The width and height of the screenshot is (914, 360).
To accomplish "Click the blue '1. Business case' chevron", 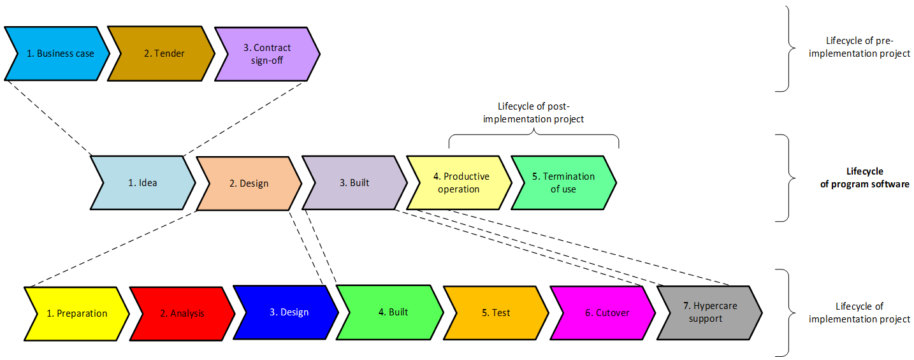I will [x=57, y=54].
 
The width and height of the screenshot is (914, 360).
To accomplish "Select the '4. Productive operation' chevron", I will [x=459, y=183].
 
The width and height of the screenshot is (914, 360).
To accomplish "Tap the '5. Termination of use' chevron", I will [x=563, y=183].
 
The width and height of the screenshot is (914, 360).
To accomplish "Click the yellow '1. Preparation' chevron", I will [x=76, y=313].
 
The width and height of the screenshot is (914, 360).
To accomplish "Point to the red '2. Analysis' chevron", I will [x=182, y=313].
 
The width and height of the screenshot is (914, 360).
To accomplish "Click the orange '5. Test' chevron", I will [x=496, y=313].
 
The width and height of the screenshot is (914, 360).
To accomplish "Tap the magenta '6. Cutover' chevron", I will [x=602, y=313].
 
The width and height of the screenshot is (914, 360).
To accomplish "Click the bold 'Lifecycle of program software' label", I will [x=864, y=178].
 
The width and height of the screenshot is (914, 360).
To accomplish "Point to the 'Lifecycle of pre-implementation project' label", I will [x=859, y=48].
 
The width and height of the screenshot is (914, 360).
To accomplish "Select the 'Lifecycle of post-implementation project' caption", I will [x=533, y=113].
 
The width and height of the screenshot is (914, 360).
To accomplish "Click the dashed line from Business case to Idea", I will [x=48, y=117].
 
